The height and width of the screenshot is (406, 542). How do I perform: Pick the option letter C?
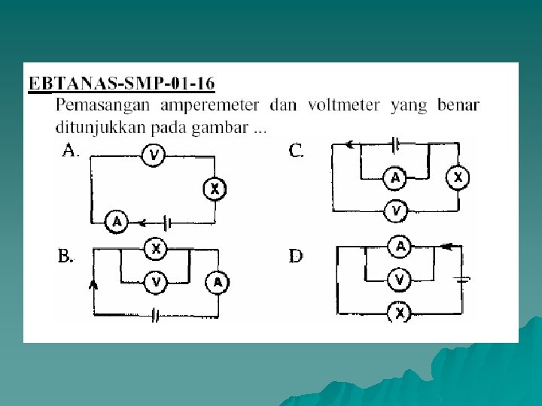point(297,151)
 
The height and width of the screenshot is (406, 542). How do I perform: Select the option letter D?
point(297,256)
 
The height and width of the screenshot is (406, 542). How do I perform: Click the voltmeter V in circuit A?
point(154,156)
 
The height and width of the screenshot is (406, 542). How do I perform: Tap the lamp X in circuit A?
point(215,189)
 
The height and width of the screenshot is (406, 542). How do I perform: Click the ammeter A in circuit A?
point(116,222)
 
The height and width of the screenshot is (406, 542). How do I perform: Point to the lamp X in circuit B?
point(156,247)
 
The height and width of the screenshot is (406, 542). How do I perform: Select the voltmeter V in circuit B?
point(156,282)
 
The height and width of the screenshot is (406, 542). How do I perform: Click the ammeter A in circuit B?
point(218,282)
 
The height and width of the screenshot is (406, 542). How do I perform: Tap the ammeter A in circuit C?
point(395,178)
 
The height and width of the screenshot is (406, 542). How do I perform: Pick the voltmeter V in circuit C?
point(396,212)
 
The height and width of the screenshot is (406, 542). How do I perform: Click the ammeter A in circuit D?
point(400,246)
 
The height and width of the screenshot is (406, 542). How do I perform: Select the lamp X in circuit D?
point(400,312)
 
